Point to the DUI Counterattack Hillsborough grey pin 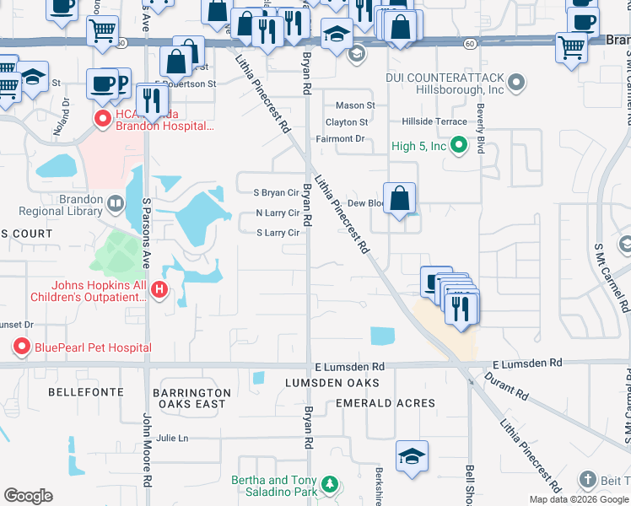click(x=516, y=83)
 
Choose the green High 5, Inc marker click(x=459, y=146)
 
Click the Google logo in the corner click(x=28, y=496)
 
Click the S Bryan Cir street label click(x=277, y=192)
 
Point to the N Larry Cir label click(x=277, y=213)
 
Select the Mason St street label click(x=355, y=105)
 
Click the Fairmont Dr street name click(x=339, y=138)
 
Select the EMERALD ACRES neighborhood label click(x=386, y=403)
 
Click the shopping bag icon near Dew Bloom click(x=401, y=199)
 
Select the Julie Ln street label click(x=172, y=439)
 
